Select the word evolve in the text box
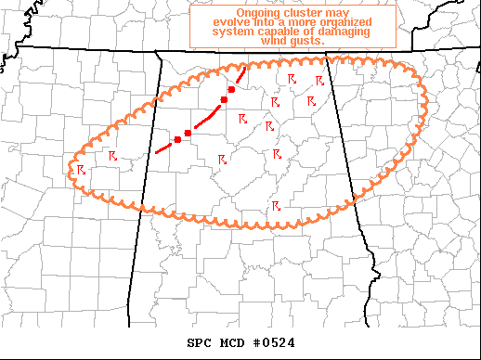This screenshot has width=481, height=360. tap(232, 22)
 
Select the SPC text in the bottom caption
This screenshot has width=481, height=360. tap(201, 342)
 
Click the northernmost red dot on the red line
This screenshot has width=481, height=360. tap(231, 89)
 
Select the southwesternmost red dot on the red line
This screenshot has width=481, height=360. tap(177, 139)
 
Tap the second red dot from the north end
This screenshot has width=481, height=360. tap(224, 99)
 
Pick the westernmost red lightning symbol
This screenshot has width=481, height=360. tap(82, 169)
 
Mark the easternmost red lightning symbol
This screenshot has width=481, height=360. tap(320, 80)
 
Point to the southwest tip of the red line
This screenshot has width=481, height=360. tap(156, 151)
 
